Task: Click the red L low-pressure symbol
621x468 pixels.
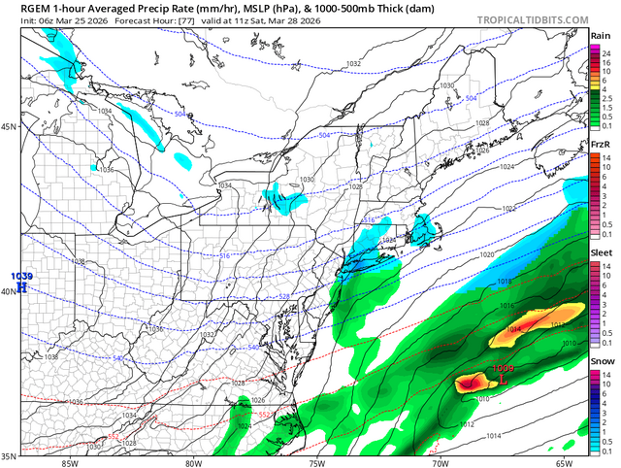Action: pos(504,381)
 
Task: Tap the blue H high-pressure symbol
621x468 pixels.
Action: pos(21,288)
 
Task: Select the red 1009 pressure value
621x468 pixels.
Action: pos(504,368)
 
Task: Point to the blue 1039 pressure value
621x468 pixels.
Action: pos(21,277)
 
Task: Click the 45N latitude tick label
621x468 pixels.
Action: pos(9,127)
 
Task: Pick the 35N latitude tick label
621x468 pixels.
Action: pos(9,455)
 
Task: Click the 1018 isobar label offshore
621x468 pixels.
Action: pos(504,282)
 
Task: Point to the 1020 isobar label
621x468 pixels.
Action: pos(487,254)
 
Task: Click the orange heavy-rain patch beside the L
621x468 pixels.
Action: pos(473,383)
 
